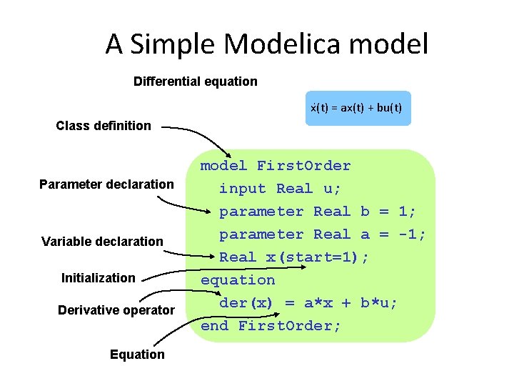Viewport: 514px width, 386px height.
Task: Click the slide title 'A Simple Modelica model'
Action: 267,44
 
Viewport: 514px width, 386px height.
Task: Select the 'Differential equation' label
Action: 196,81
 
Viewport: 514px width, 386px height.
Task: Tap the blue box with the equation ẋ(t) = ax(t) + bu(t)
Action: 358,108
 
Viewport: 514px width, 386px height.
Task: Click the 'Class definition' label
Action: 104,126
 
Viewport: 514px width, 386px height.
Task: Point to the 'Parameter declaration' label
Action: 106,184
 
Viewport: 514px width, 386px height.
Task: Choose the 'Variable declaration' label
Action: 102,241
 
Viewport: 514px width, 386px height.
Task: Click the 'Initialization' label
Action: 99,277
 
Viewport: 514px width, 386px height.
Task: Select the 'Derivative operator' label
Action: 116,310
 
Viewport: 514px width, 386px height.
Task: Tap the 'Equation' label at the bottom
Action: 137,354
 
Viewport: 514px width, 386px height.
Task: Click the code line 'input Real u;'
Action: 280,189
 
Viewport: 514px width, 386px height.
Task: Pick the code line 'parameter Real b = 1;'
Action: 317,212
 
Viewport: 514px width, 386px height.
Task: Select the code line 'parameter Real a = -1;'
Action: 322,234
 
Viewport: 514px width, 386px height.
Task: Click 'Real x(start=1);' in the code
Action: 294,257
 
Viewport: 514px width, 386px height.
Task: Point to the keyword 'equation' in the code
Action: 238,280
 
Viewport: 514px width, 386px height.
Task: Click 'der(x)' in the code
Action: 246,303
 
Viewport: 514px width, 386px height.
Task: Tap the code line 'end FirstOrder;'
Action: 271,326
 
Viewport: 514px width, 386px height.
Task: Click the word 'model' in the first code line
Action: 223,166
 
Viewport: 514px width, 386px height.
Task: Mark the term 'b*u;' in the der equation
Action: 379,303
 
